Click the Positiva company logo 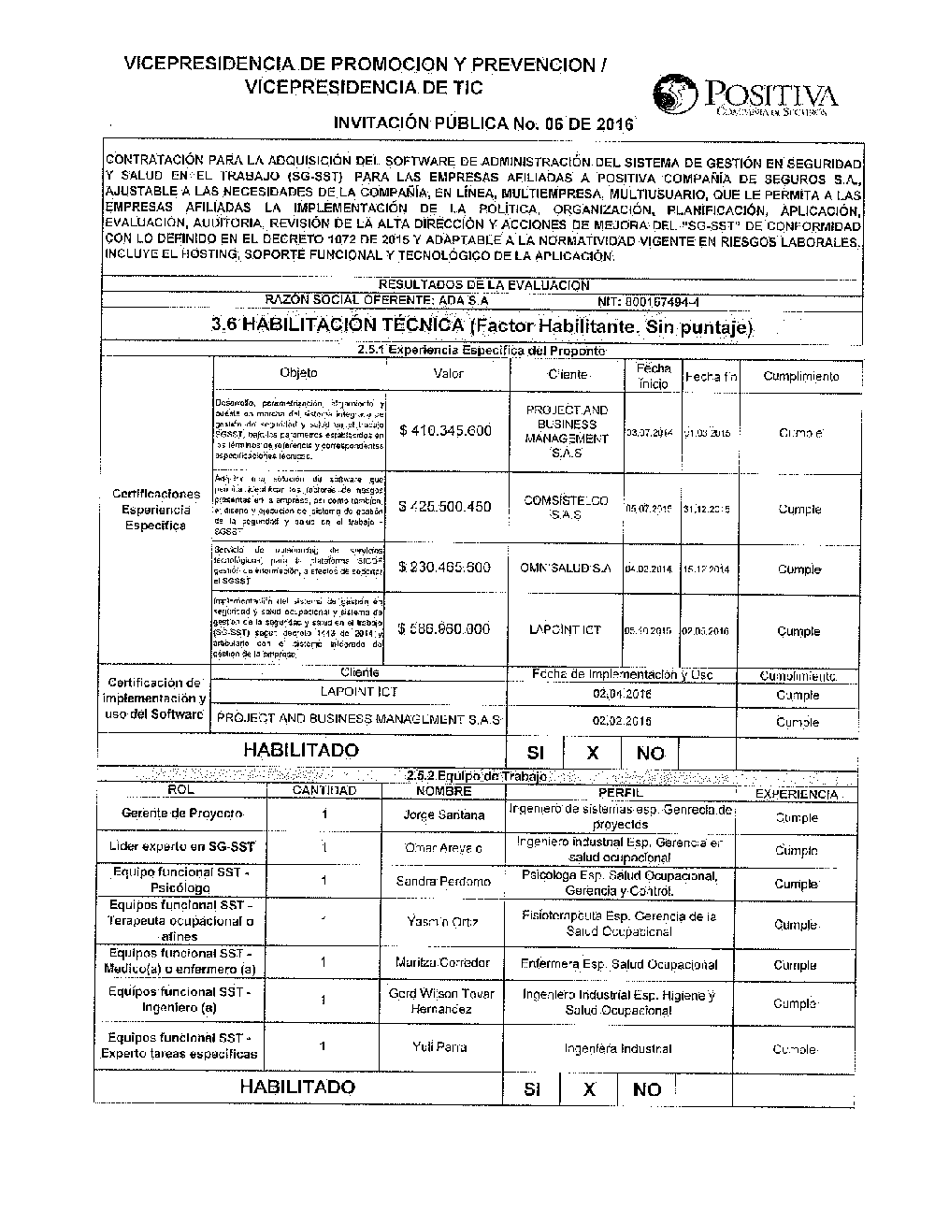click(x=745, y=96)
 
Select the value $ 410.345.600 click(x=445, y=431)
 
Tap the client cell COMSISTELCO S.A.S click(x=566, y=508)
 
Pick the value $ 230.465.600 click(x=444, y=568)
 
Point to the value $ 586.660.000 click(x=444, y=629)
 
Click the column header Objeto click(x=298, y=373)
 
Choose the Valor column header click(x=449, y=373)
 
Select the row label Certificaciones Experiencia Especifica click(x=156, y=509)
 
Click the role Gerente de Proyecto click(x=182, y=814)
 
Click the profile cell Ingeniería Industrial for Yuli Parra click(x=618, y=1049)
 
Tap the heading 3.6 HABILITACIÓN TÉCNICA click(x=482, y=326)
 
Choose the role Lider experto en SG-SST click(x=182, y=847)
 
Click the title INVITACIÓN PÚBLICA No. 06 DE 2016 click(x=483, y=123)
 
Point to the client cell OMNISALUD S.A click(x=566, y=568)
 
